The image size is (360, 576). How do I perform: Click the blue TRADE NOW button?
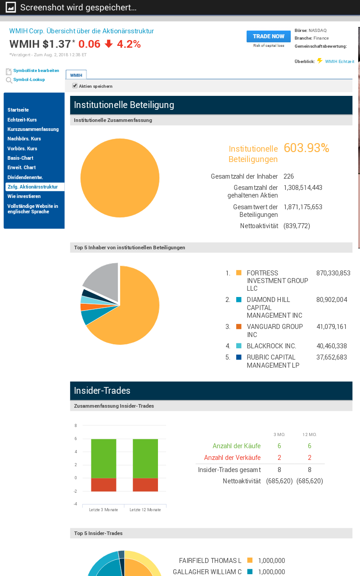coord(268,36)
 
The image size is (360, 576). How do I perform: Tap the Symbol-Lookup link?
coord(29,80)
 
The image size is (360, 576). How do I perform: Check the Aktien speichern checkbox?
coord(75,85)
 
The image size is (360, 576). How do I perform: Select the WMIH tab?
coord(76,75)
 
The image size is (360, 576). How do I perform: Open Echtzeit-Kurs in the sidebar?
coord(22,120)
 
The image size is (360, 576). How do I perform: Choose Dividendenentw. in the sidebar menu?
coord(25,177)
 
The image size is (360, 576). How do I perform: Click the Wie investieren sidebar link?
coord(24,196)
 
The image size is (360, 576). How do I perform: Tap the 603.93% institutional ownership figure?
coord(306,148)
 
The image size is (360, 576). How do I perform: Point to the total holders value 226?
coord(288,176)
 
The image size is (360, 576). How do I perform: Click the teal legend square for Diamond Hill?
coord(238,300)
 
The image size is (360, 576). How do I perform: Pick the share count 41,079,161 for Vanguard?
coord(332,327)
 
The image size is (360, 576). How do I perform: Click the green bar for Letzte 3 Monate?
coord(103,458)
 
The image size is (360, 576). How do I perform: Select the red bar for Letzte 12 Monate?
coord(145,485)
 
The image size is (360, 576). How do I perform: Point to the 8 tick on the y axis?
coord(76,425)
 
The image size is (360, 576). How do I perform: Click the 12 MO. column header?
coord(309,435)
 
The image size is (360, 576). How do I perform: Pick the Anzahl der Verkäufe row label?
coord(232,458)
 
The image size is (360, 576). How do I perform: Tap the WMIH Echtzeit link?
coord(339,61)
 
